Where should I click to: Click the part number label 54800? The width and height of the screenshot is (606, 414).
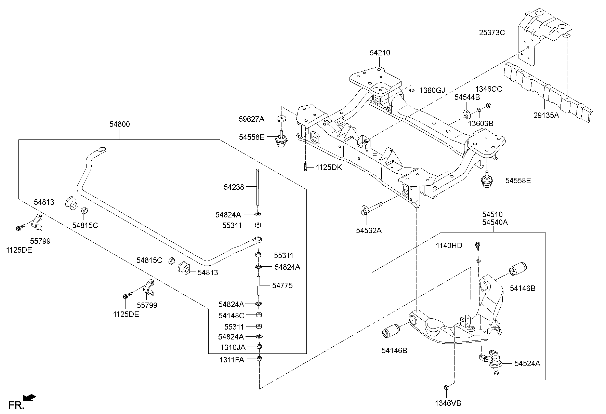coord(120,124)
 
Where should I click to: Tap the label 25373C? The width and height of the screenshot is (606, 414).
coord(492,33)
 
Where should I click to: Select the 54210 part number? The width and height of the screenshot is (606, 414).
coord(380,53)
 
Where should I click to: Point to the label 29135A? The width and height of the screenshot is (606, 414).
coord(546,115)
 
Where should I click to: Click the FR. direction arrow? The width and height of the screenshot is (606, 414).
coord(29,397)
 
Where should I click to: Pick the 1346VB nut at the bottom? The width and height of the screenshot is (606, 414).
coord(446,387)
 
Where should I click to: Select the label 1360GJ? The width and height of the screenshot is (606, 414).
coord(432,90)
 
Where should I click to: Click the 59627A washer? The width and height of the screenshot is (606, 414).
coord(281,119)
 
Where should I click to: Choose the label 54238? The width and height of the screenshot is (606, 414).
coord(234,187)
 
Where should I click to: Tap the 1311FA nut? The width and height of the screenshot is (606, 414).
coord(259,359)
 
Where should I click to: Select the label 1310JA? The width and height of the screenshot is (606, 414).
coord(233,347)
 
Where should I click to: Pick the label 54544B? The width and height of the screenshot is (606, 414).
coord(467,97)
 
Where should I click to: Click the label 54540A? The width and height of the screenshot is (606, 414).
coord(495,223)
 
